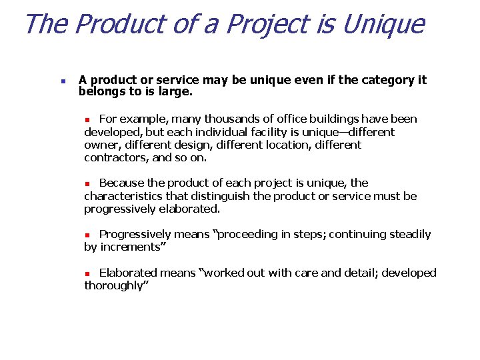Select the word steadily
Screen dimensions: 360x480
[408, 235]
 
